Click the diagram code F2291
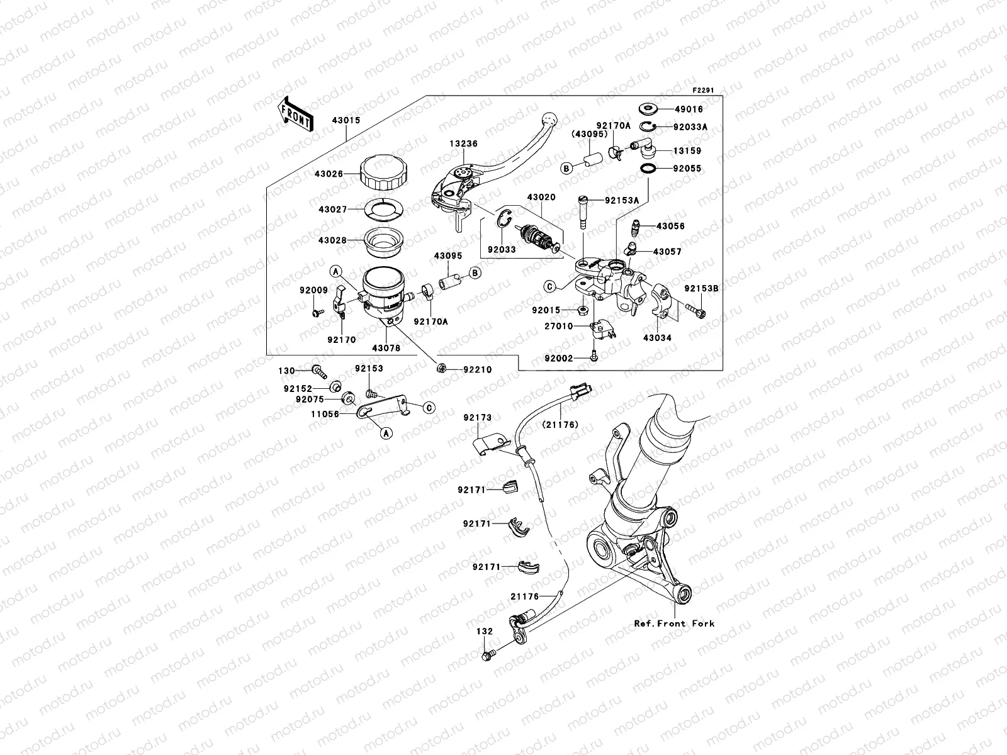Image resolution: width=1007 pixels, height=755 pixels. (706, 90)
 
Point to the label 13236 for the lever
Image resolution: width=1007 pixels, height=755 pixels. (463, 144)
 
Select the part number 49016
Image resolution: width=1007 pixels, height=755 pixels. (688, 109)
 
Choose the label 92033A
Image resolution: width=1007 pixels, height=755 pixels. (690, 127)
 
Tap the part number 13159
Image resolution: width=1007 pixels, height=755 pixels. (687, 151)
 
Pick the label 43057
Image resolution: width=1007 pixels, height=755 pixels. (667, 252)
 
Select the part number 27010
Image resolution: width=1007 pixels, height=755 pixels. (559, 327)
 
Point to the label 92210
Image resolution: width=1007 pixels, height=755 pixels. (478, 370)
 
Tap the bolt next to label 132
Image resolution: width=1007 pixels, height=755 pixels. (487, 656)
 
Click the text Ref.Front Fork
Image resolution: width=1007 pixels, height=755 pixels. (674, 624)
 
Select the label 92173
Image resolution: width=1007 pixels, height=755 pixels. (478, 418)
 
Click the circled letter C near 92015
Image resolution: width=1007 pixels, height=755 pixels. (549, 286)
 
